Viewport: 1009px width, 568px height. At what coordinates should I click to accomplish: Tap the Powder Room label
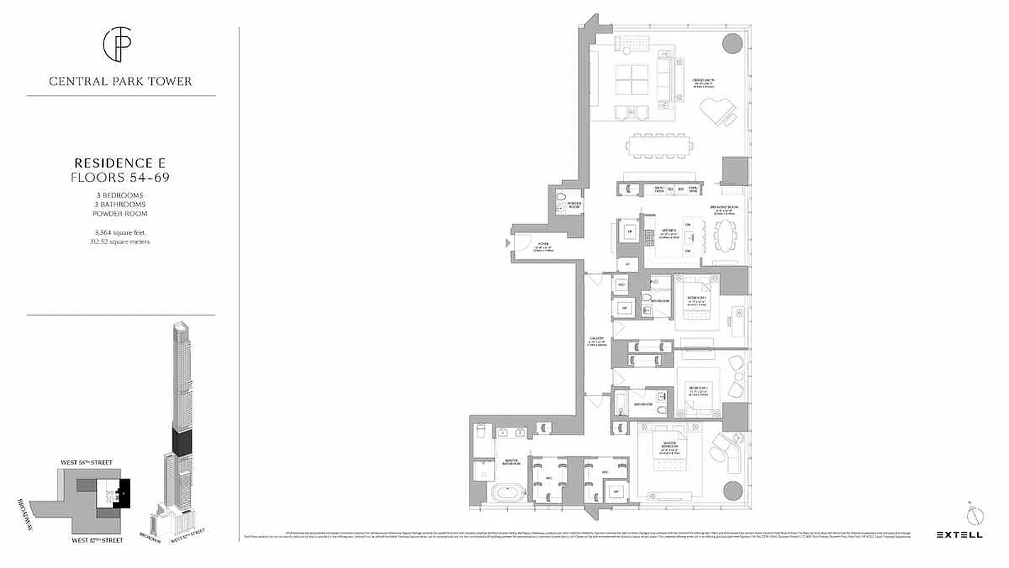tap(574, 205)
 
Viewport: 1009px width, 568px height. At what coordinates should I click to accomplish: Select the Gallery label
tap(597, 342)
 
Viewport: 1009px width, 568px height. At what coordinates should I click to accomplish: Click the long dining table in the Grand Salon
tap(659, 146)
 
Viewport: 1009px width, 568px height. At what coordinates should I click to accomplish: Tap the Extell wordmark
tap(959, 535)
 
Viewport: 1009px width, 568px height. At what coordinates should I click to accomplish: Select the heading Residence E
tap(121, 163)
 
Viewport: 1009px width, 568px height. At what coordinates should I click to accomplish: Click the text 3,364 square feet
tap(121, 232)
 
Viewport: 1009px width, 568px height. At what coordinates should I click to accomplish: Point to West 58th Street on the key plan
tap(86, 463)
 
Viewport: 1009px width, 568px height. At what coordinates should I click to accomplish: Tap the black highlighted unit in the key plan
tap(125, 493)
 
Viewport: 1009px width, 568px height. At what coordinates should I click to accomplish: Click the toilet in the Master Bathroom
tap(480, 432)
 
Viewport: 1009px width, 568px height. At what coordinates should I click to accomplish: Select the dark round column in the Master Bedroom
tap(734, 491)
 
